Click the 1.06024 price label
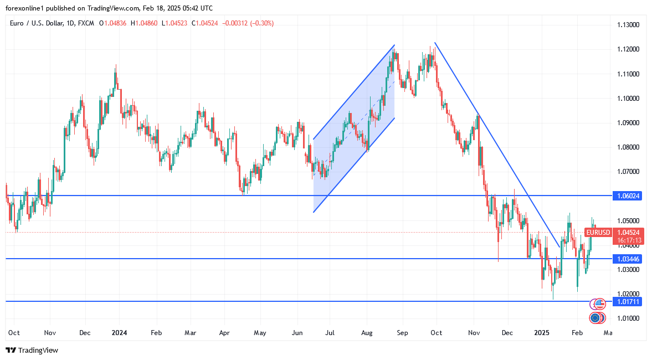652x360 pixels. [x=628, y=196]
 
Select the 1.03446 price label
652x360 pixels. [x=628, y=259]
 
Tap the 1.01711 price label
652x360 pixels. [x=628, y=301]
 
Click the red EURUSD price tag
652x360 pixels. [x=598, y=233]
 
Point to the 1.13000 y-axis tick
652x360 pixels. [x=628, y=25]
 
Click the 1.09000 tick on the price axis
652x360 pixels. [x=628, y=122]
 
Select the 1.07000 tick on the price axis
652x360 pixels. [x=628, y=171]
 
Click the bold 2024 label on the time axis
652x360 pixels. [x=119, y=333]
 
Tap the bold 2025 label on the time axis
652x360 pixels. [x=541, y=333]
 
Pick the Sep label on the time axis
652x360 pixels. [x=402, y=333]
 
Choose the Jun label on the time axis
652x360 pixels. [x=297, y=333]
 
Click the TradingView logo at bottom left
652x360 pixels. [x=32, y=350]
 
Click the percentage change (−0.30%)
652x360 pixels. [x=261, y=23]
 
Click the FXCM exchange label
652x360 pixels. [x=86, y=23]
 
